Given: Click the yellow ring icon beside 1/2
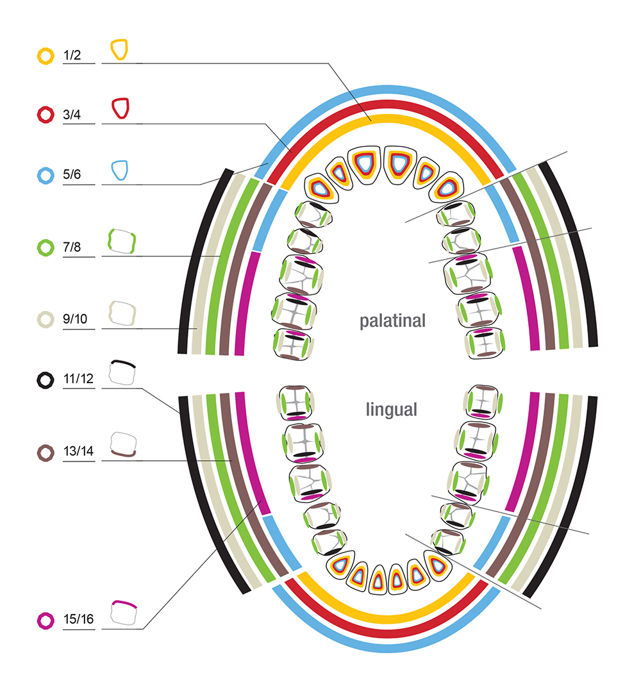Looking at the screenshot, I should click(46, 56).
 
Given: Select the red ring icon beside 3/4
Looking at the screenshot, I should click(46, 115).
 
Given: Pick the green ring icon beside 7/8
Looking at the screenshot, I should click(46, 247).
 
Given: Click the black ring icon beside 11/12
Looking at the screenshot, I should click(46, 380).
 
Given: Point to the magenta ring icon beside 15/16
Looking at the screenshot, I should click(46, 620).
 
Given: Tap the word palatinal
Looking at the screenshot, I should click(392, 320).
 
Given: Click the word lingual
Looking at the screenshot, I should click(392, 410).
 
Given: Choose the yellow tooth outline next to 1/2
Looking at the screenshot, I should click(119, 49).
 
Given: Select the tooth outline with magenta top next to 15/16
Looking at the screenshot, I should click(124, 612).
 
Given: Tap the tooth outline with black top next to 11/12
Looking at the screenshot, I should click(122, 372).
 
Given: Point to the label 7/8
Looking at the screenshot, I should click(72, 247).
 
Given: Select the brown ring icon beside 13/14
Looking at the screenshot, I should click(46, 453).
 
